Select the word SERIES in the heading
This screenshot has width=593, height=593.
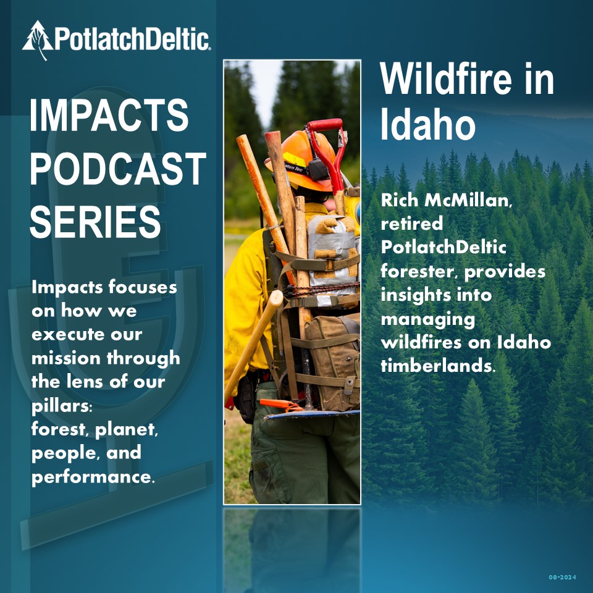coord(95,221)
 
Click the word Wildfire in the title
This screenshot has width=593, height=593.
coord(466,80)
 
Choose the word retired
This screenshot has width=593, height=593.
coord(410,223)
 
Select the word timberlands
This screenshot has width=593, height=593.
coord(437,364)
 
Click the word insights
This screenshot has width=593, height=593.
coord(413,295)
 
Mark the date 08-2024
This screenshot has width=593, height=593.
coord(562,577)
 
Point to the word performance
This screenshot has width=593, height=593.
coord(93,476)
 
